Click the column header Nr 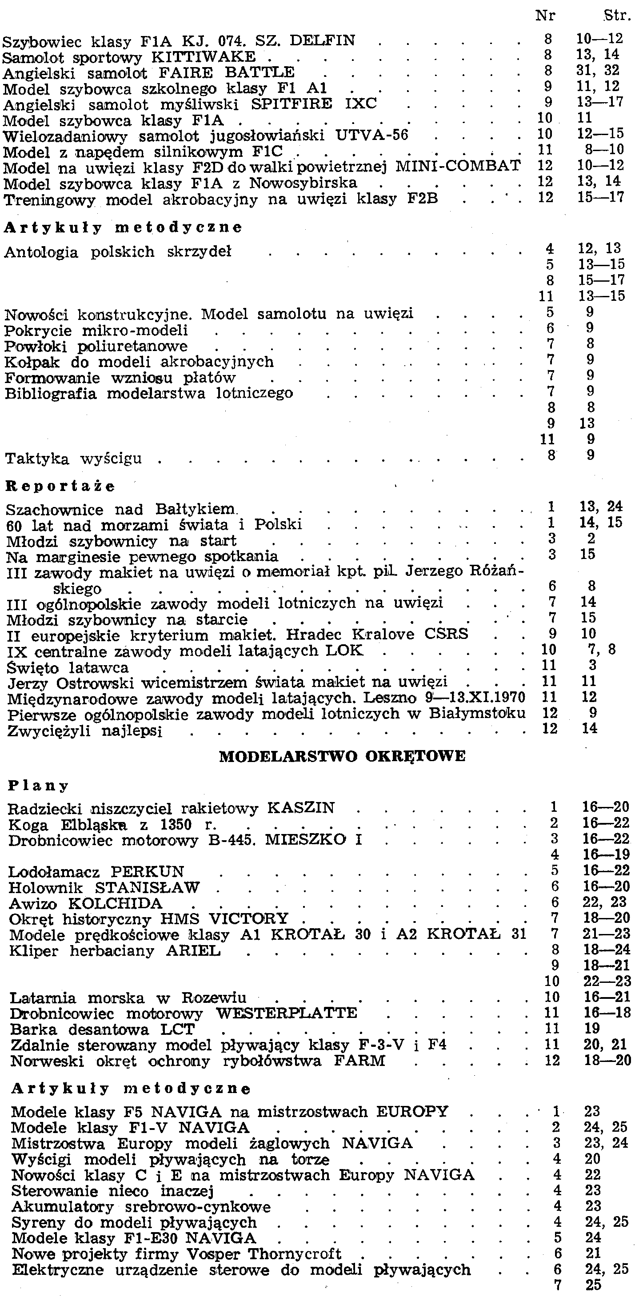point(545,16)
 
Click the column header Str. point(617,16)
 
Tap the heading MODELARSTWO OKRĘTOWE point(343,757)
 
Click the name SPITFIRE point(292,104)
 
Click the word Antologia point(41,252)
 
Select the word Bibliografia point(50,393)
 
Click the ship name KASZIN point(301,808)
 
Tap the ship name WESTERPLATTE point(287,1013)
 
